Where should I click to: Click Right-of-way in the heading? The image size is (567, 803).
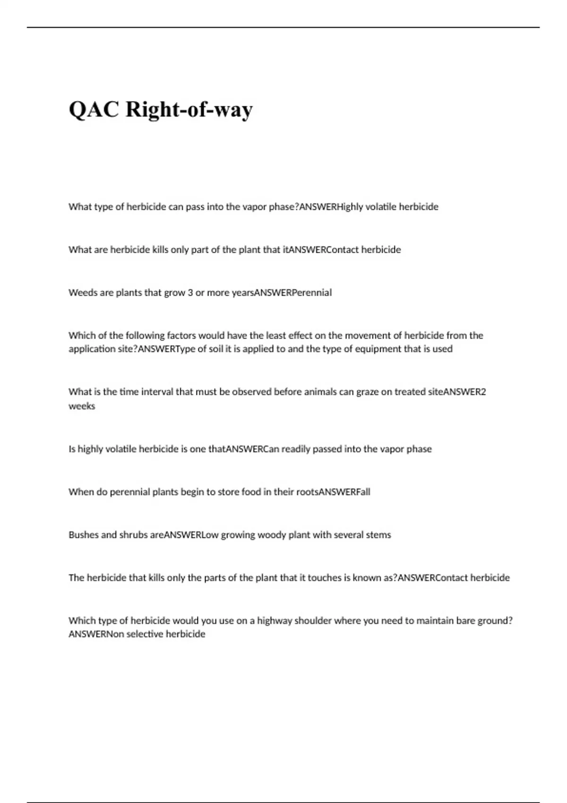[x=189, y=110]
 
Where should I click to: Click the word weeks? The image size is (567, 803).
[x=82, y=406]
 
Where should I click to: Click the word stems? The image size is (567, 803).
[x=378, y=535]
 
